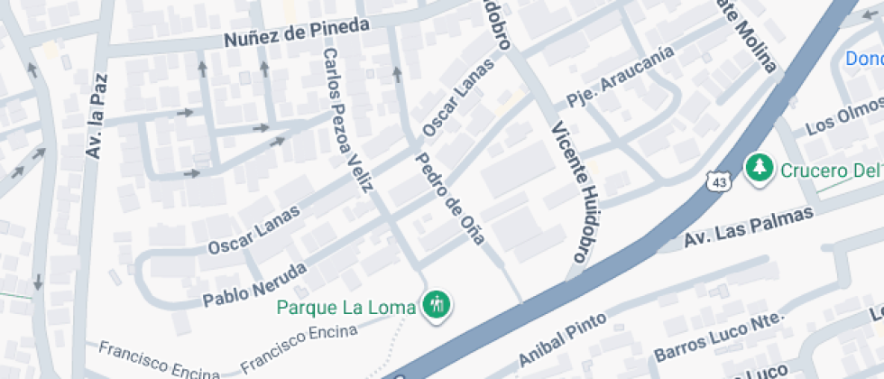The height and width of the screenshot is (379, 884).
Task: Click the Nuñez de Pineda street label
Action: pos(297,33)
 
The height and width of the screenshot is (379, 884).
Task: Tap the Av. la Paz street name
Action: pos(95,116)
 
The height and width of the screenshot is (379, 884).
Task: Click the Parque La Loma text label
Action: pos(346,307)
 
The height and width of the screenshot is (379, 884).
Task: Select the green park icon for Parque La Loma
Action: pos(437,305)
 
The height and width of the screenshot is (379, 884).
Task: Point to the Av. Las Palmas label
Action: pos(749,226)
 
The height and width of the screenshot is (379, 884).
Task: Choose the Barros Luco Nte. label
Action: pos(720,334)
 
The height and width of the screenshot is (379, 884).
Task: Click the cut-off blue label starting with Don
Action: pos(864,59)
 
